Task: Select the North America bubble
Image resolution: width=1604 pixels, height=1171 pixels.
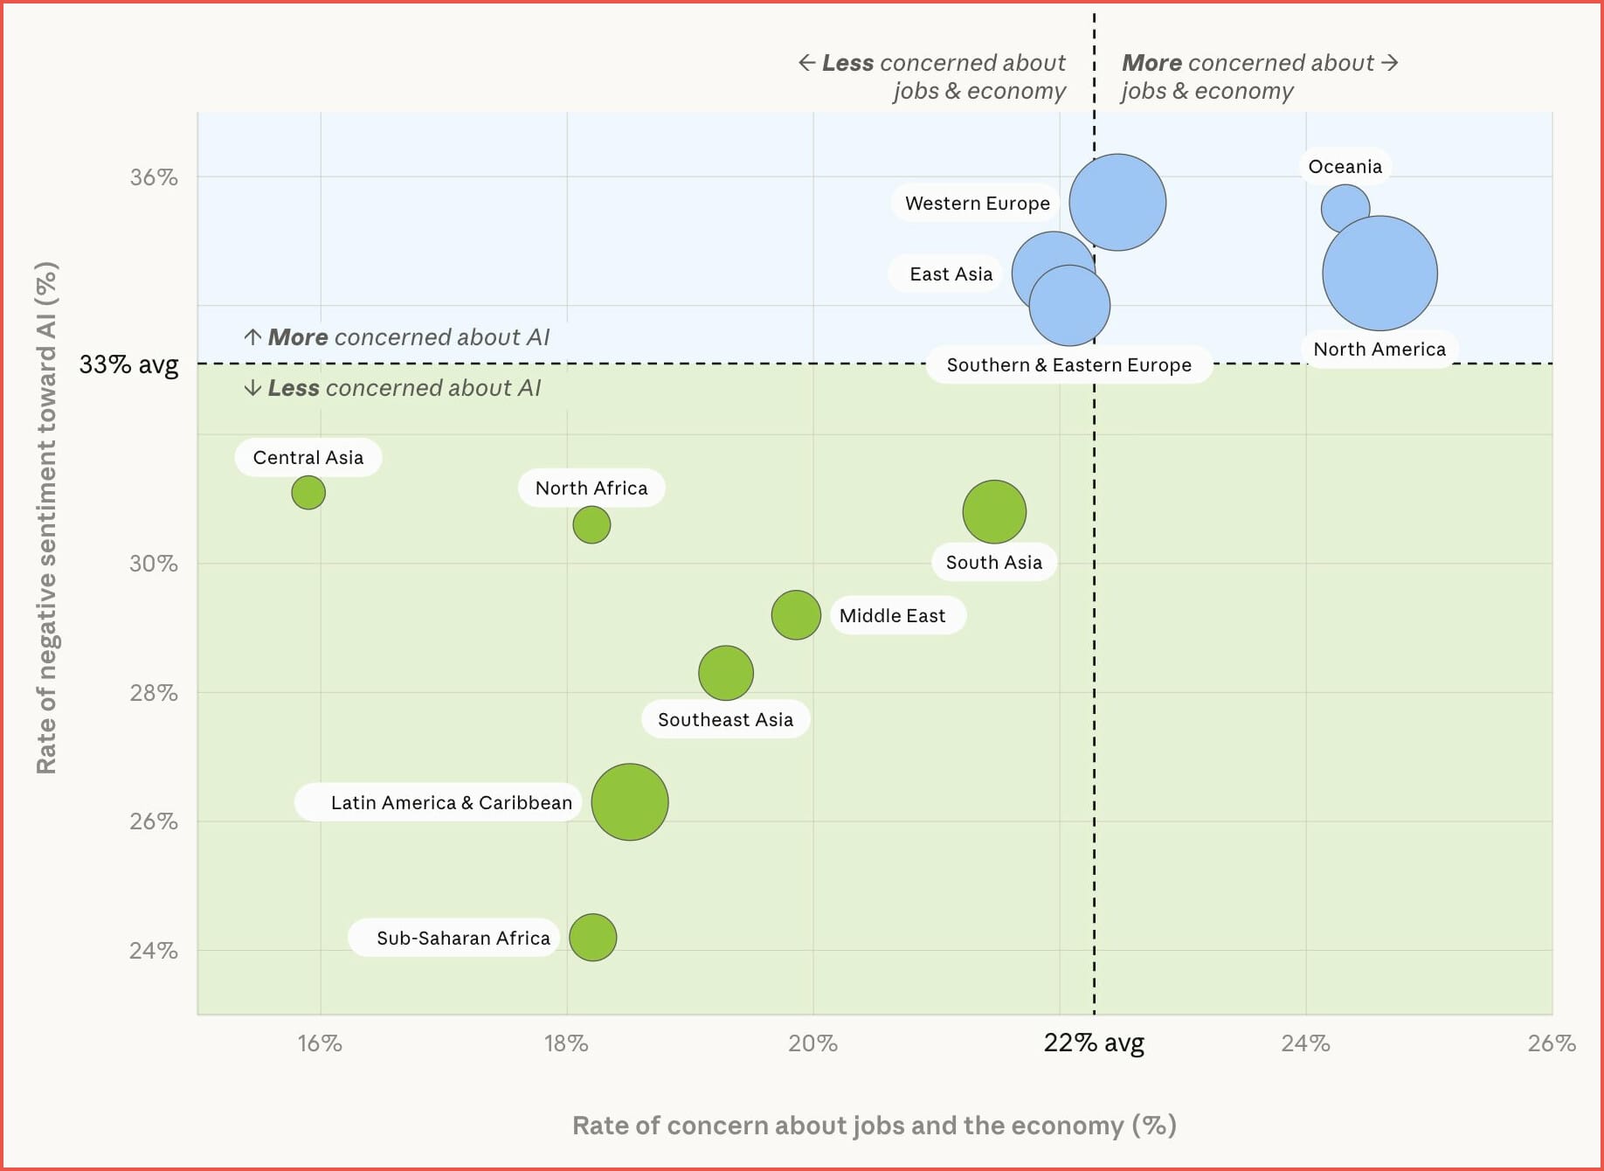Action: point(1379,274)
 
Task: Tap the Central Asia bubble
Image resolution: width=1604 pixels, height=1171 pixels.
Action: point(308,492)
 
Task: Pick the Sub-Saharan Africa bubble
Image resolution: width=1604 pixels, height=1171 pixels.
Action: point(592,937)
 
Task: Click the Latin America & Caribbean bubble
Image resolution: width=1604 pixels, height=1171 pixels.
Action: point(629,801)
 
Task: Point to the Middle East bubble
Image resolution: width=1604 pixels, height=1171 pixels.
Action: point(796,614)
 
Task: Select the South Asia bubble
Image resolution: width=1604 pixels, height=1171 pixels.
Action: point(994,511)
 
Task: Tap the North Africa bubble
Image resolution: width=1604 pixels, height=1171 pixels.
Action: point(591,524)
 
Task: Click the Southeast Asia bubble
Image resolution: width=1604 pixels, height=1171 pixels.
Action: point(725,673)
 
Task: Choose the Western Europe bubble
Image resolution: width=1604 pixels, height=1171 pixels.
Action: point(1117,202)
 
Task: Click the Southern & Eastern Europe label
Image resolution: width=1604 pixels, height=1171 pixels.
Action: point(1068,364)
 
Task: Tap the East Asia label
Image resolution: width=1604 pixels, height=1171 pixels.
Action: point(951,274)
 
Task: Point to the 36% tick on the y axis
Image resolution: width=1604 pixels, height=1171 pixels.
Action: point(154,177)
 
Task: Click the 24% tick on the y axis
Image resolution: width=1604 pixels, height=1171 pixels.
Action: point(154,950)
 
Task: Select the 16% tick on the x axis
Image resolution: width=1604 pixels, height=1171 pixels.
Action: point(320,1043)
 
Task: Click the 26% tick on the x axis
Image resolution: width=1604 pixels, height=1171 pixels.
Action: point(1552,1043)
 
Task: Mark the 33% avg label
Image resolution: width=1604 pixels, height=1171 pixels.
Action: point(128,364)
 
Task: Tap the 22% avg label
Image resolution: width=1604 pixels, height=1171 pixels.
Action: point(1094,1043)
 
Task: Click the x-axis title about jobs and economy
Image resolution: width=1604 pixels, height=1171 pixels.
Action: point(874,1125)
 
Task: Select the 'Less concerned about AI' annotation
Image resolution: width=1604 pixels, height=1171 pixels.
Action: point(393,388)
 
